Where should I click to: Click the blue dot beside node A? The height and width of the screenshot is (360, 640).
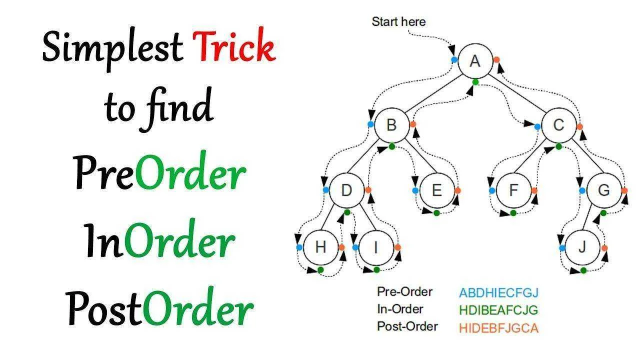(454, 59)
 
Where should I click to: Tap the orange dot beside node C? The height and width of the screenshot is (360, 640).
(579, 127)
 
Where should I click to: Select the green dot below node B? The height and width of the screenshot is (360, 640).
(391, 147)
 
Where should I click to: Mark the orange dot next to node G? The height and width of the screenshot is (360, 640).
(624, 190)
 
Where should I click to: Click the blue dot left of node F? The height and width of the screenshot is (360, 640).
(492, 190)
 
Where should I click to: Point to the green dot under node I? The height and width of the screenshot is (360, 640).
(376, 269)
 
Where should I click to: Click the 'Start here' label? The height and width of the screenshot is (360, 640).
(398, 21)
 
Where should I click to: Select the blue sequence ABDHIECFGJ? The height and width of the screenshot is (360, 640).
(499, 293)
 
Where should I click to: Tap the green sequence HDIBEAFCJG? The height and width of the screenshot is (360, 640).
(499, 310)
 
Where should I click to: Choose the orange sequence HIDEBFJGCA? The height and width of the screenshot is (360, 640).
(499, 328)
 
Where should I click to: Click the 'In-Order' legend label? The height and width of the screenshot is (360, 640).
(400, 309)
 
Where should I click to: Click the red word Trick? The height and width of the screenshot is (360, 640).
(234, 45)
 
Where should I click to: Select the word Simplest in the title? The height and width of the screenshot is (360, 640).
(112, 48)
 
